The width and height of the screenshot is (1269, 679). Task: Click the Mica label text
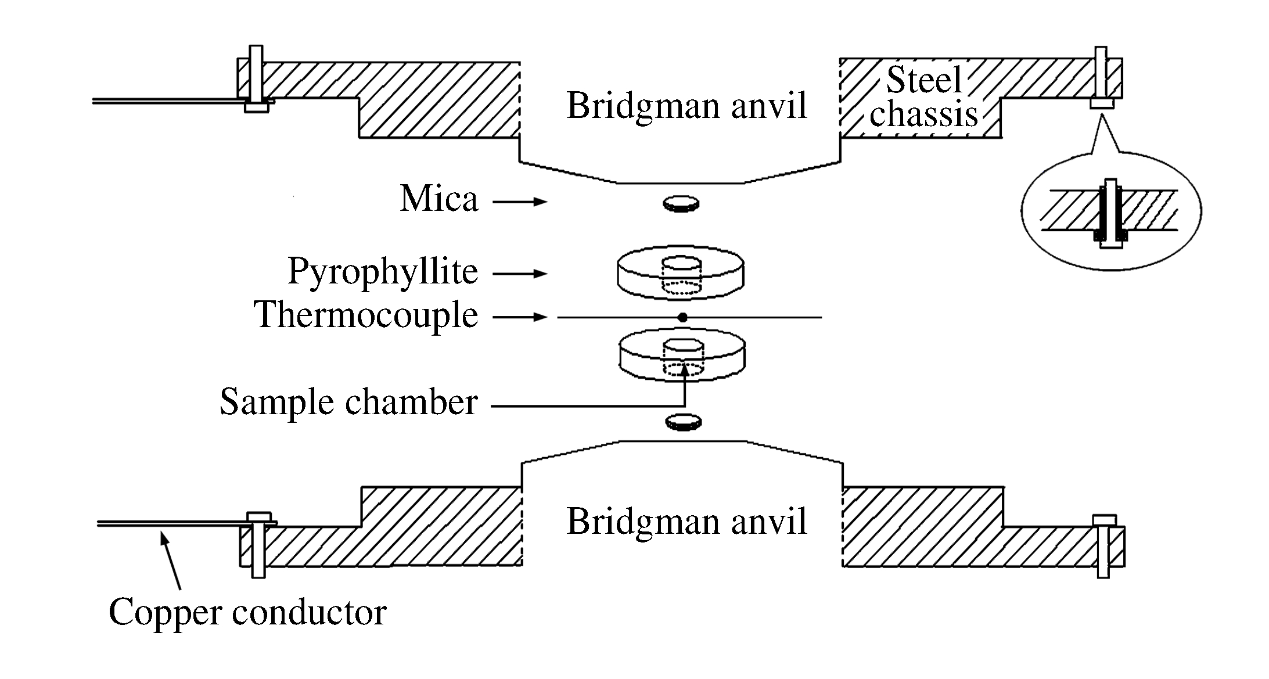pyautogui.click(x=439, y=199)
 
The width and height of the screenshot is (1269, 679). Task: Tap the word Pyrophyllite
pyautogui.click(x=383, y=271)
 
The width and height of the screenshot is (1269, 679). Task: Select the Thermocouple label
pyautogui.click(x=366, y=315)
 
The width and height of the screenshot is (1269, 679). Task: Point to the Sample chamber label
pyautogui.click(x=348, y=402)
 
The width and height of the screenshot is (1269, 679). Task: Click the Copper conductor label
pyautogui.click(x=247, y=612)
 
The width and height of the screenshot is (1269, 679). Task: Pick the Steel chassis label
pyautogui.click(x=923, y=97)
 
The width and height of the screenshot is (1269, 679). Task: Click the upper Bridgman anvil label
pyautogui.click(x=686, y=106)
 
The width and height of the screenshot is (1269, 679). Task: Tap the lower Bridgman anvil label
pyautogui.click(x=686, y=521)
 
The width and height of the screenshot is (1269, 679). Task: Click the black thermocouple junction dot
pyautogui.click(x=683, y=318)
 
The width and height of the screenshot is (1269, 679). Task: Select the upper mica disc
pyautogui.click(x=681, y=203)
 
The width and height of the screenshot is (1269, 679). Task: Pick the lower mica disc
pyautogui.click(x=683, y=422)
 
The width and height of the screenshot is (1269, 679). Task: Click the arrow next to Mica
pyautogui.click(x=520, y=202)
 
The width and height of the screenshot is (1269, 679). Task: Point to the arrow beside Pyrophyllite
pyautogui.click(x=520, y=274)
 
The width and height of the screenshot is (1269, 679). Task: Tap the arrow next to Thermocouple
pyautogui.click(x=520, y=317)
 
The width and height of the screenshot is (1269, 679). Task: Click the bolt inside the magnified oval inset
pyautogui.click(x=1110, y=213)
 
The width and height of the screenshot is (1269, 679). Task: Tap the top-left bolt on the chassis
pyautogui.click(x=256, y=78)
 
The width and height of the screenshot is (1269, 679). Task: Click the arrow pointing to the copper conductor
pyautogui.click(x=172, y=561)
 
